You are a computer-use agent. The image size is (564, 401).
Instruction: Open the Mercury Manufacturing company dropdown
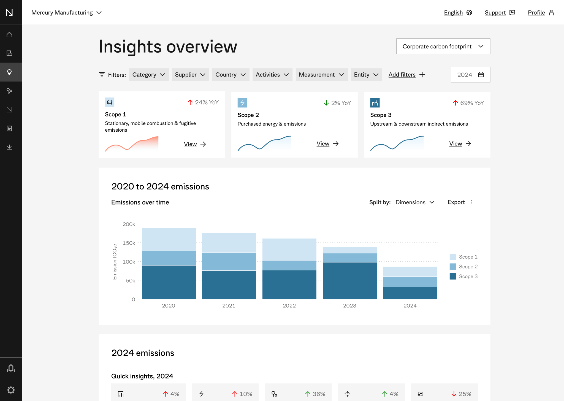pos(66,13)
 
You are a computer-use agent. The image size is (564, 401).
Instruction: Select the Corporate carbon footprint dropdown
pos(443,46)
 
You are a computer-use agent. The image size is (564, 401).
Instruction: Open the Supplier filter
pos(190,75)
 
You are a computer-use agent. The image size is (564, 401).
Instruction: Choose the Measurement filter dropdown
pos(321,75)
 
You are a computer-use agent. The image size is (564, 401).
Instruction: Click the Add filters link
pos(406,75)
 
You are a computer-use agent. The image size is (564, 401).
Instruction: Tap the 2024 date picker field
pos(470,75)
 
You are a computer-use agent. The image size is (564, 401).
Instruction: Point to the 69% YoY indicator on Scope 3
pos(468,103)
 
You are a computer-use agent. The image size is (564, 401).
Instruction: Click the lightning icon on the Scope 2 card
pos(242,103)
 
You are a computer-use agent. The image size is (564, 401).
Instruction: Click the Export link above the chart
pos(456,202)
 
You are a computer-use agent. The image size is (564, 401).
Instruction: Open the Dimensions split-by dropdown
pos(415,202)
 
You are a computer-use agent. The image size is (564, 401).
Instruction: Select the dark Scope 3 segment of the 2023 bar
pos(349,280)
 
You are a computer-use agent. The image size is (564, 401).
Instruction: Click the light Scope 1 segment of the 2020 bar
pos(169,239)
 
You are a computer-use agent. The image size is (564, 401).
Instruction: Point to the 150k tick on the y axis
pos(129,243)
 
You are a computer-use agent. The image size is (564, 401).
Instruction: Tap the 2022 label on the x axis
pos(289,305)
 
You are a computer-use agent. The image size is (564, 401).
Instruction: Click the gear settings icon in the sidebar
pos(11,390)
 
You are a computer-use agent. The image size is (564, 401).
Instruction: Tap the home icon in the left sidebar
pos(9,34)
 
